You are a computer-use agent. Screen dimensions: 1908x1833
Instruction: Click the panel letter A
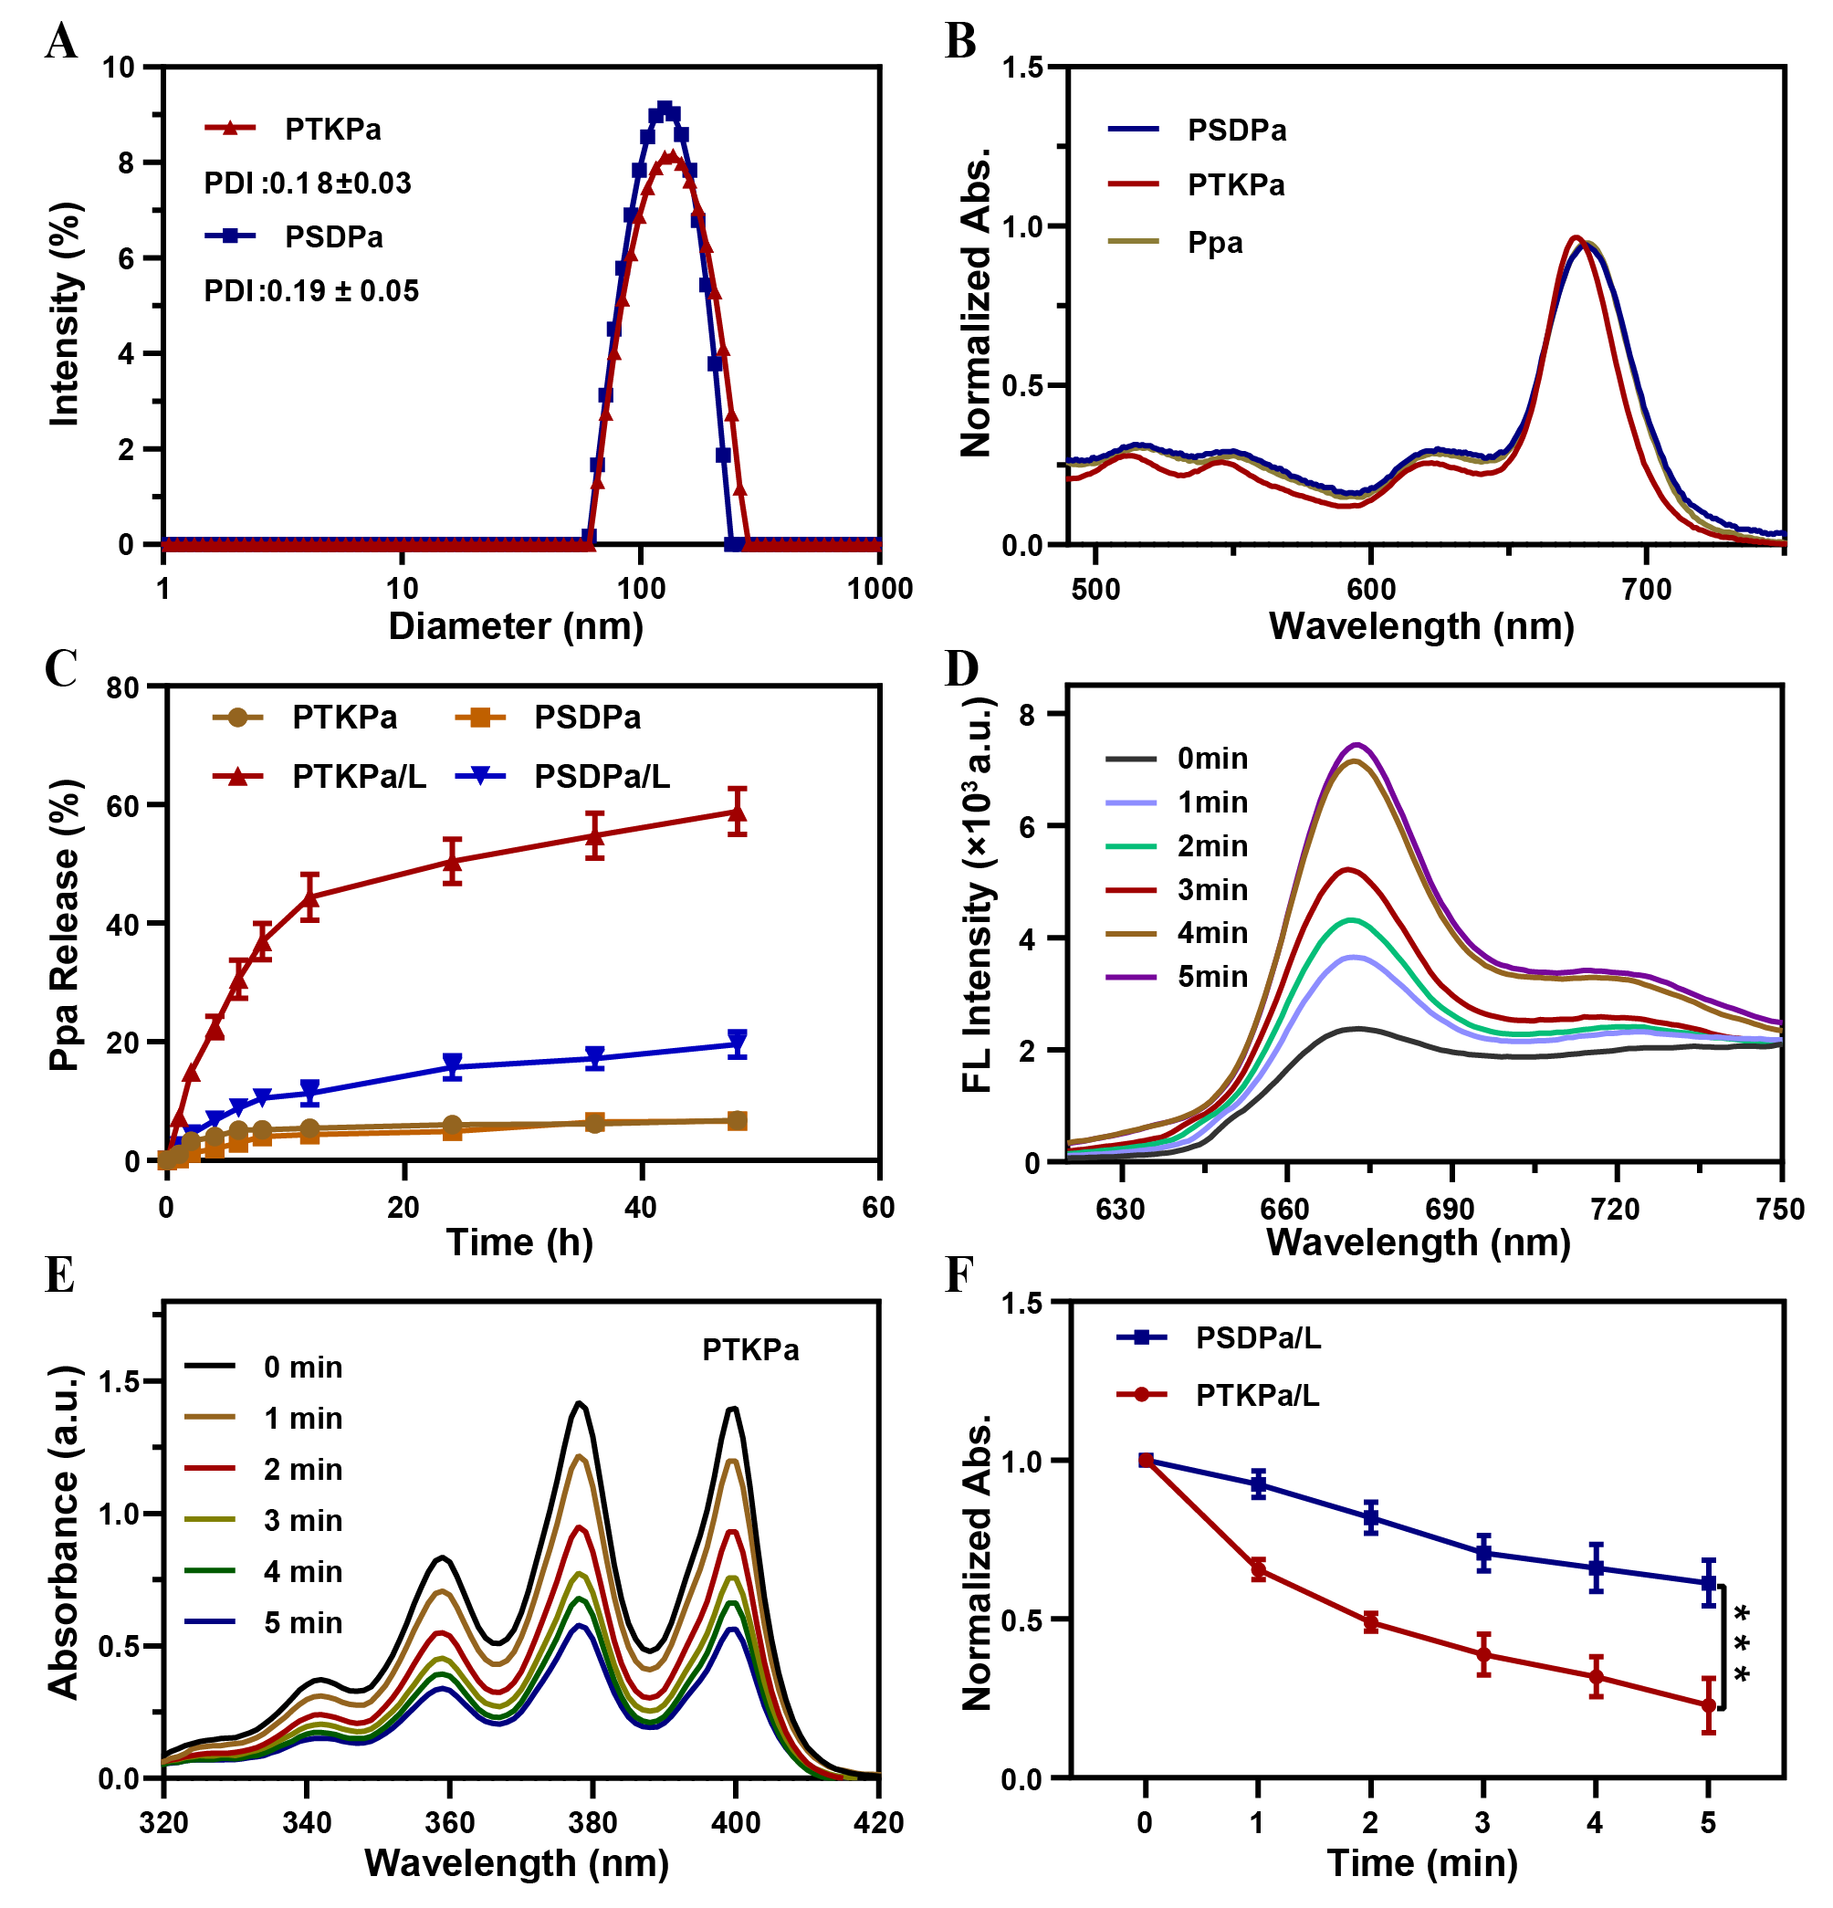click(x=60, y=42)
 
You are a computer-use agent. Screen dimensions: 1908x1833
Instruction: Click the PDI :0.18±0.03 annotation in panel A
click(x=307, y=183)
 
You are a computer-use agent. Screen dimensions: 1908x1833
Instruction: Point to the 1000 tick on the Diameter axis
click(x=880, y=589)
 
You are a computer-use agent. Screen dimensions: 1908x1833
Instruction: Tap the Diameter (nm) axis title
click(x=516, y=626)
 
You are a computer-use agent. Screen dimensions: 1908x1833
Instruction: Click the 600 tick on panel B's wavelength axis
click(x=1370, y=589)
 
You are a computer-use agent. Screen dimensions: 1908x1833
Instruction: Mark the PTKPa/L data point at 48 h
click(x=738, y=812)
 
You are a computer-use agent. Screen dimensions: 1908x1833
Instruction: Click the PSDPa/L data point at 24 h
click(x=452, y=1066)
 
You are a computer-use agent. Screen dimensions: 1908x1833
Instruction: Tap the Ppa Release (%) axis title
click(x=64, y=925)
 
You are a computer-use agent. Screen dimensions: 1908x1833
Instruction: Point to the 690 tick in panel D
click(x=1450, y=1209)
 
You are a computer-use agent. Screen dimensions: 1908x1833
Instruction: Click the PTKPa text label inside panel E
click(x=750, y=1350)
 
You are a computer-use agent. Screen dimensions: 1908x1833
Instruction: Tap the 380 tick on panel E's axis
click(x=592, y=1822)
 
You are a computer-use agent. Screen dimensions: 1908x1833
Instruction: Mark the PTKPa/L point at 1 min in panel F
click(x=1258, y=1569)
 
